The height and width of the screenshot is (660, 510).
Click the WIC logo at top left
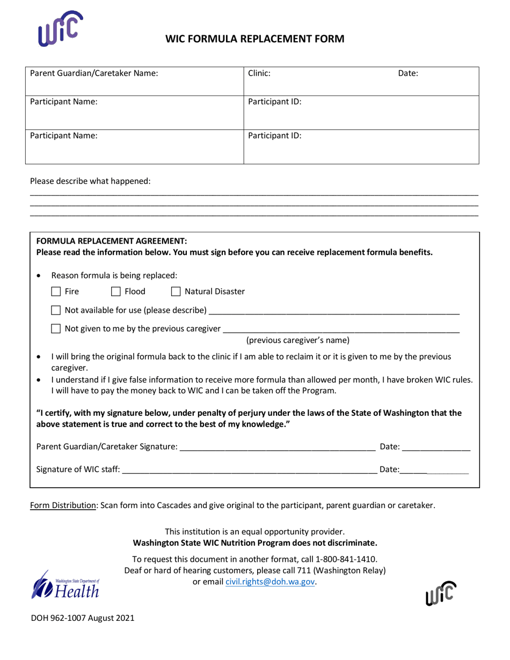(x=61, y=28)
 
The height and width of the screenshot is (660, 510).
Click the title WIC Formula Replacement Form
(x=254, y=39)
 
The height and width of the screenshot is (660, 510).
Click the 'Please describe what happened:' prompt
(x=90, y=181)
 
